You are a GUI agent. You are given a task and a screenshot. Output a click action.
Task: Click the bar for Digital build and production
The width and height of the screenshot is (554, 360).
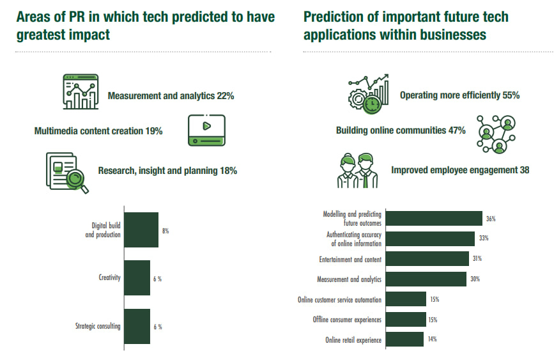(141, 230)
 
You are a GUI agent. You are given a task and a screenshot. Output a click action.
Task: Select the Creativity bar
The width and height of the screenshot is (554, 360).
(137, 278)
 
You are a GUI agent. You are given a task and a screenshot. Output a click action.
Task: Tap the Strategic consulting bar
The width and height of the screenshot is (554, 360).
(137, 326)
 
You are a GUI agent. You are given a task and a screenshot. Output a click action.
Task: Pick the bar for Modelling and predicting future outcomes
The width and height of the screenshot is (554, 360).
(434, 219)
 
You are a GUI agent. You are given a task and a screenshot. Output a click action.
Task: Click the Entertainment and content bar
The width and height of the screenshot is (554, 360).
(427, 259)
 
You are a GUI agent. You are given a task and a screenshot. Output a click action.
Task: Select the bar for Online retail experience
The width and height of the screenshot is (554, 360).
(404, 340)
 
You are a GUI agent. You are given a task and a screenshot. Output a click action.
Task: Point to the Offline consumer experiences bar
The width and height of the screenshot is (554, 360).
(406, 319)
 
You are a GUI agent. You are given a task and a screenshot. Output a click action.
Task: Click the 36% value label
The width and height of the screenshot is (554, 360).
(491, 219)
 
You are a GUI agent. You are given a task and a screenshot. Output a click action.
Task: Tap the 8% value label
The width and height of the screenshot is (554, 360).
(165, 230)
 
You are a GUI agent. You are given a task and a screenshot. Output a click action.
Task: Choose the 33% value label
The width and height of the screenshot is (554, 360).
(484, 239)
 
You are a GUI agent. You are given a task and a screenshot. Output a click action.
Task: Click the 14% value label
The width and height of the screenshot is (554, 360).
(433, 339)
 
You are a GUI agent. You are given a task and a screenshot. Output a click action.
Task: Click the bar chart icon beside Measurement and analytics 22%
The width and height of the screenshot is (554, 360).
(81, 92)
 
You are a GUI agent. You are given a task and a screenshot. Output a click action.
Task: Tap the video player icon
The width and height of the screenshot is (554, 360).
(206, 129)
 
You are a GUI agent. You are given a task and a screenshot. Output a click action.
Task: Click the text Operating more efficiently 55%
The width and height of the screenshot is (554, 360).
(459, 95)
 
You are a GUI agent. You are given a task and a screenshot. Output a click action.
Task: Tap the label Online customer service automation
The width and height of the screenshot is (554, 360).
(339, 299)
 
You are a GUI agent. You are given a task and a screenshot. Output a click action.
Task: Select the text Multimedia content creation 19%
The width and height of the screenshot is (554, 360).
(98, 131)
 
